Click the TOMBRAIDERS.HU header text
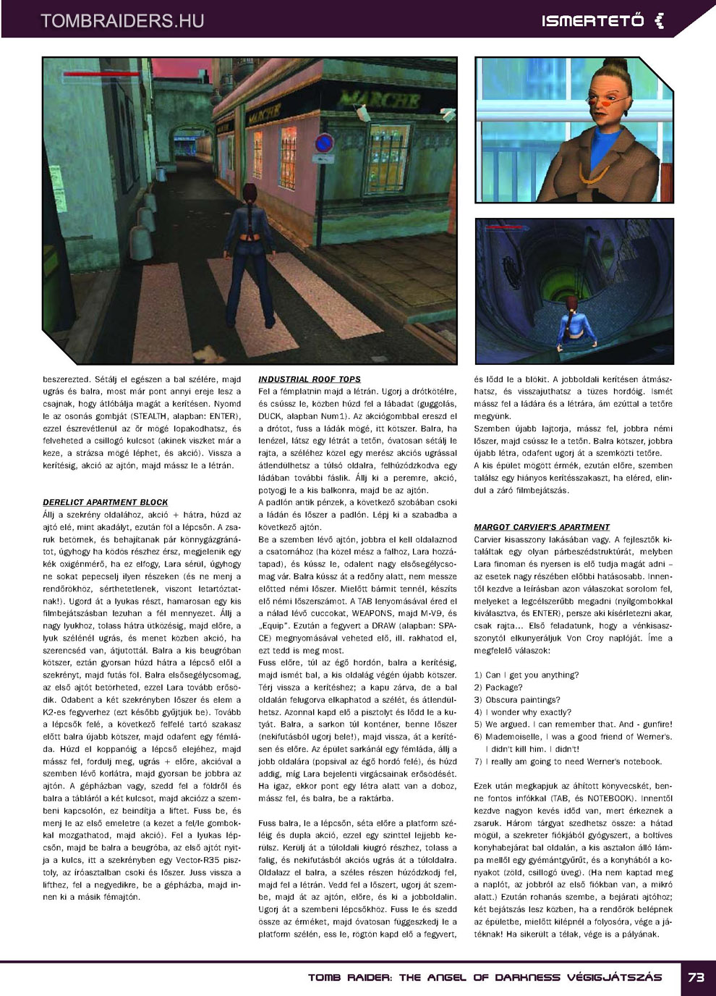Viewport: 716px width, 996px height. point(122,21)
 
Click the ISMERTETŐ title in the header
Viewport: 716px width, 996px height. point(592,21)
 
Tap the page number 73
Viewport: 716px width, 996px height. point(696,976)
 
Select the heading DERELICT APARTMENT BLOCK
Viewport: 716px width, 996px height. point(105,502)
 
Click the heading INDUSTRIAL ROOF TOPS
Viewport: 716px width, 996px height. point(309,379)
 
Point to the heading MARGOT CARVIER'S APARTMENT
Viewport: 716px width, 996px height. point(542,527)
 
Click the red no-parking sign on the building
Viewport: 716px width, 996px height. point(325,143)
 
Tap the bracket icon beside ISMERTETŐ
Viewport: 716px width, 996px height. point(659,21)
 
